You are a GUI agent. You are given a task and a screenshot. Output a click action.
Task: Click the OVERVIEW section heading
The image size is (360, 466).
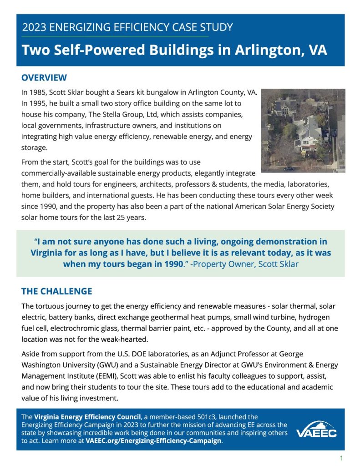(44, 78)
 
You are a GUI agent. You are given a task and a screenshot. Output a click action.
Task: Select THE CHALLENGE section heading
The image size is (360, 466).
(56, 291)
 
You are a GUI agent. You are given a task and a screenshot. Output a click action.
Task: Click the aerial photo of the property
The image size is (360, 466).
(303, 130)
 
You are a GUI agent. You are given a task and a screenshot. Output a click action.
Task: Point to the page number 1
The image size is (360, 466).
(341, 458)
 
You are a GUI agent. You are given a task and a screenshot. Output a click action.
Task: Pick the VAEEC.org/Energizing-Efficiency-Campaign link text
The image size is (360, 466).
(153, 441)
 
